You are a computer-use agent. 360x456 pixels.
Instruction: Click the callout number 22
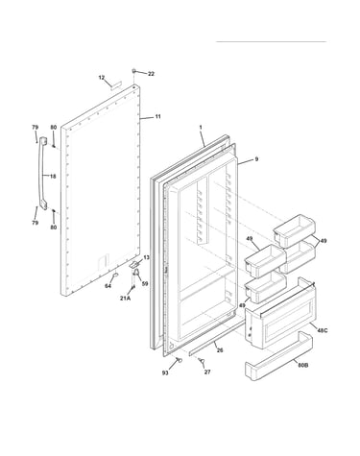[151, 74]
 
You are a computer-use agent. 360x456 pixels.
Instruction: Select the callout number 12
[102, 78]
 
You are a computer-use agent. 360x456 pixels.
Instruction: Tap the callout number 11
[157, 117]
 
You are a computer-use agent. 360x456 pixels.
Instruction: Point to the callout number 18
[53, 177]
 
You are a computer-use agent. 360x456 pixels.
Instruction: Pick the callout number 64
[108, 286]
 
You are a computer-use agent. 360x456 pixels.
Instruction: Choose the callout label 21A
[125, 299]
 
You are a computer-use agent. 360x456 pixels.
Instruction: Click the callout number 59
[145, 283]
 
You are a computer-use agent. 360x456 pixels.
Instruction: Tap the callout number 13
[146, 257]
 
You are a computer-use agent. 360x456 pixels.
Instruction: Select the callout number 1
[201, 128]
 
